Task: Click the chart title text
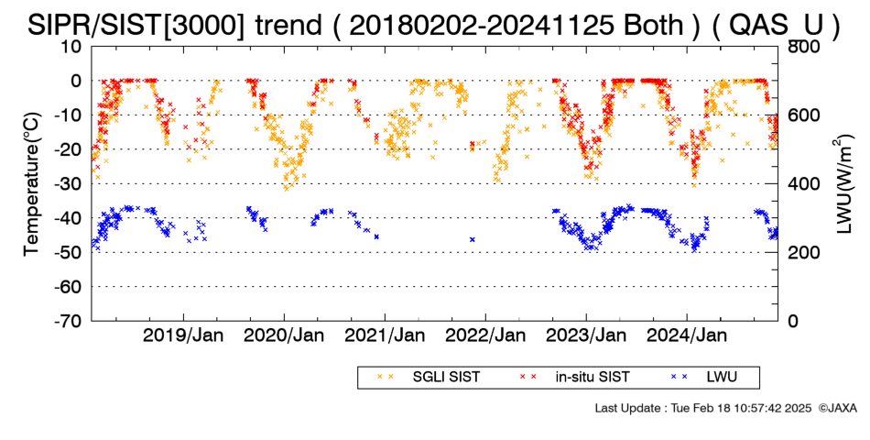point(434,25)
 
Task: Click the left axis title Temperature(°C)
point(32,183)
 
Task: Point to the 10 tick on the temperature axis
point(71,46)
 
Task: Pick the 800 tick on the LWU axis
point(804,46)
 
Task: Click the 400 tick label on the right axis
point(804,183)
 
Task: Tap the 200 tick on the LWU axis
point(804,252)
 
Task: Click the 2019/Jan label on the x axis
point(184,335)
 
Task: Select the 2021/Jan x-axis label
point(385,335)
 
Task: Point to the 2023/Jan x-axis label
point(586,335)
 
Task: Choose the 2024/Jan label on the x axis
point(687,335)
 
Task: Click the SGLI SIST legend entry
point(429,378)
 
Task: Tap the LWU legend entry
point(704,378)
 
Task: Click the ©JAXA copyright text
point(837,408)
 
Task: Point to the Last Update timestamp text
point(703,408)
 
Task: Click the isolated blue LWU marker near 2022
point(473,239)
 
